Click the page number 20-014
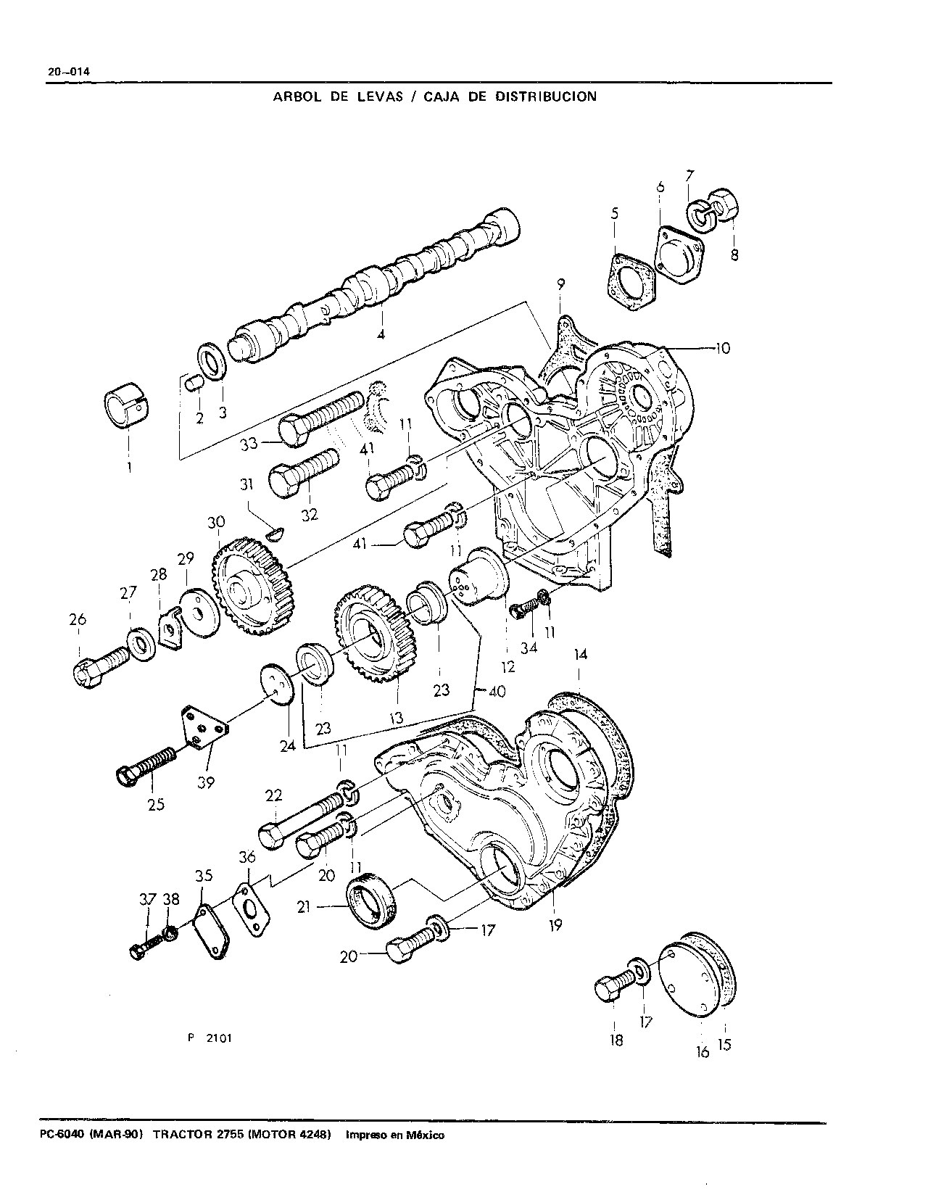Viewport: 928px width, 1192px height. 69,72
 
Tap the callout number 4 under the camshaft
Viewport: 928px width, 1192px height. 381,334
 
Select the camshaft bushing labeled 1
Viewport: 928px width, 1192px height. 128,405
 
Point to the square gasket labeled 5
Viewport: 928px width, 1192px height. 632,281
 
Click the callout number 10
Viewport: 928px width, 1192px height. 722,348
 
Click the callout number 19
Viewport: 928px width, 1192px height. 555,925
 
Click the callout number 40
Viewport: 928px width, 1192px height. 497,691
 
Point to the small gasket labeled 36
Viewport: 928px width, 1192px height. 252,909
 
